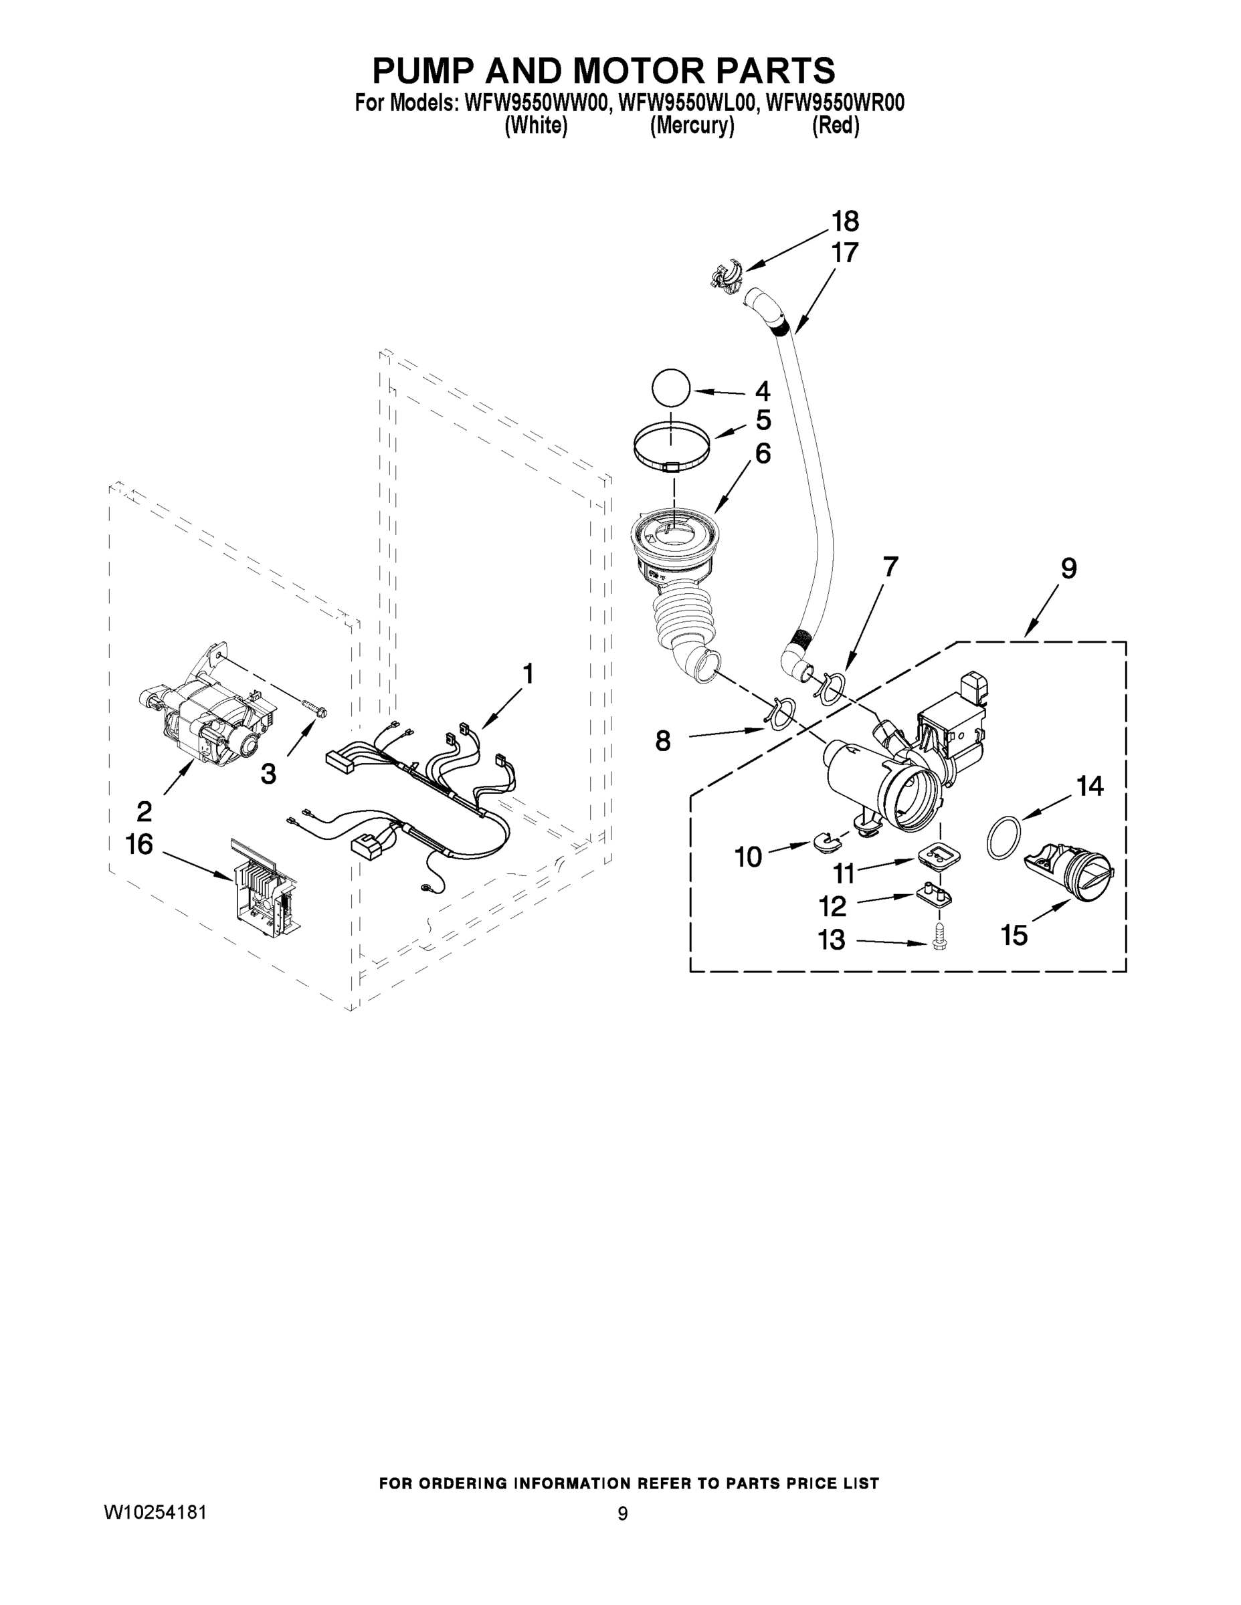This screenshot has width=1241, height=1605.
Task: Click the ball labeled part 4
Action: [x=670, y=387]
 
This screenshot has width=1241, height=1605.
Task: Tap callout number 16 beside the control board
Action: [x=139, y=845]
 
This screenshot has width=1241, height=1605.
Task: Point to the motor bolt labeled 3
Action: [x=314, y=710]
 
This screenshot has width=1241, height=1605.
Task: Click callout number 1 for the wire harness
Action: [x=527, y=673]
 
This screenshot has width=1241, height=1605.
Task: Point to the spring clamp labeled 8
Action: [x=780, y=714]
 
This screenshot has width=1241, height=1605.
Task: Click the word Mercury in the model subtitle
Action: [x=691, y=126]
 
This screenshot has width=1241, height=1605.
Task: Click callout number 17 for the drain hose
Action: [x=845, y=253]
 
